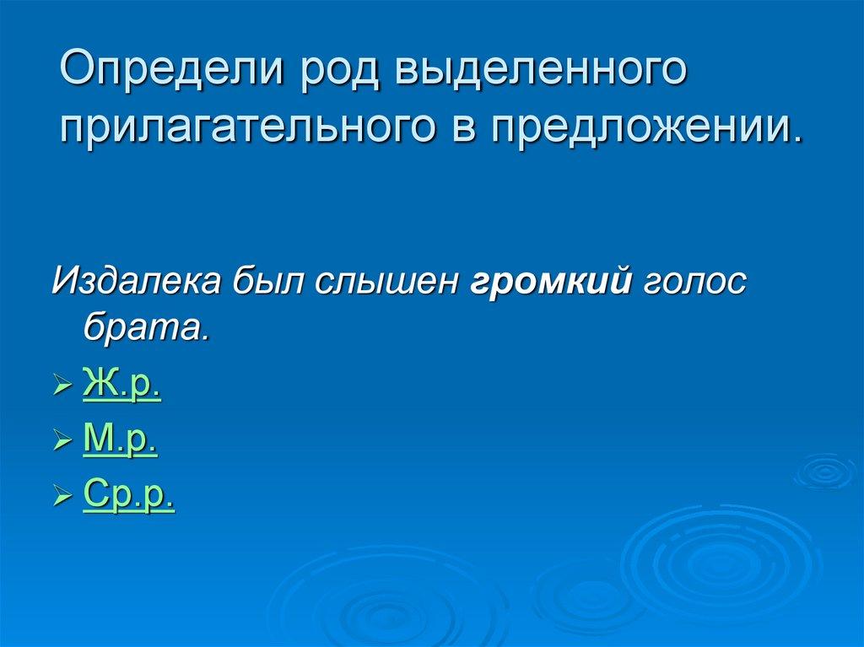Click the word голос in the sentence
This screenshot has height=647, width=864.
695,280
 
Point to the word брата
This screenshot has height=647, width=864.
144,326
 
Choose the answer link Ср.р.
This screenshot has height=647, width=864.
129,494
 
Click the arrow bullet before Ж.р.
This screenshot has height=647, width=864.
62,389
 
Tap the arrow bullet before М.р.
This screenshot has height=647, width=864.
62,443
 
